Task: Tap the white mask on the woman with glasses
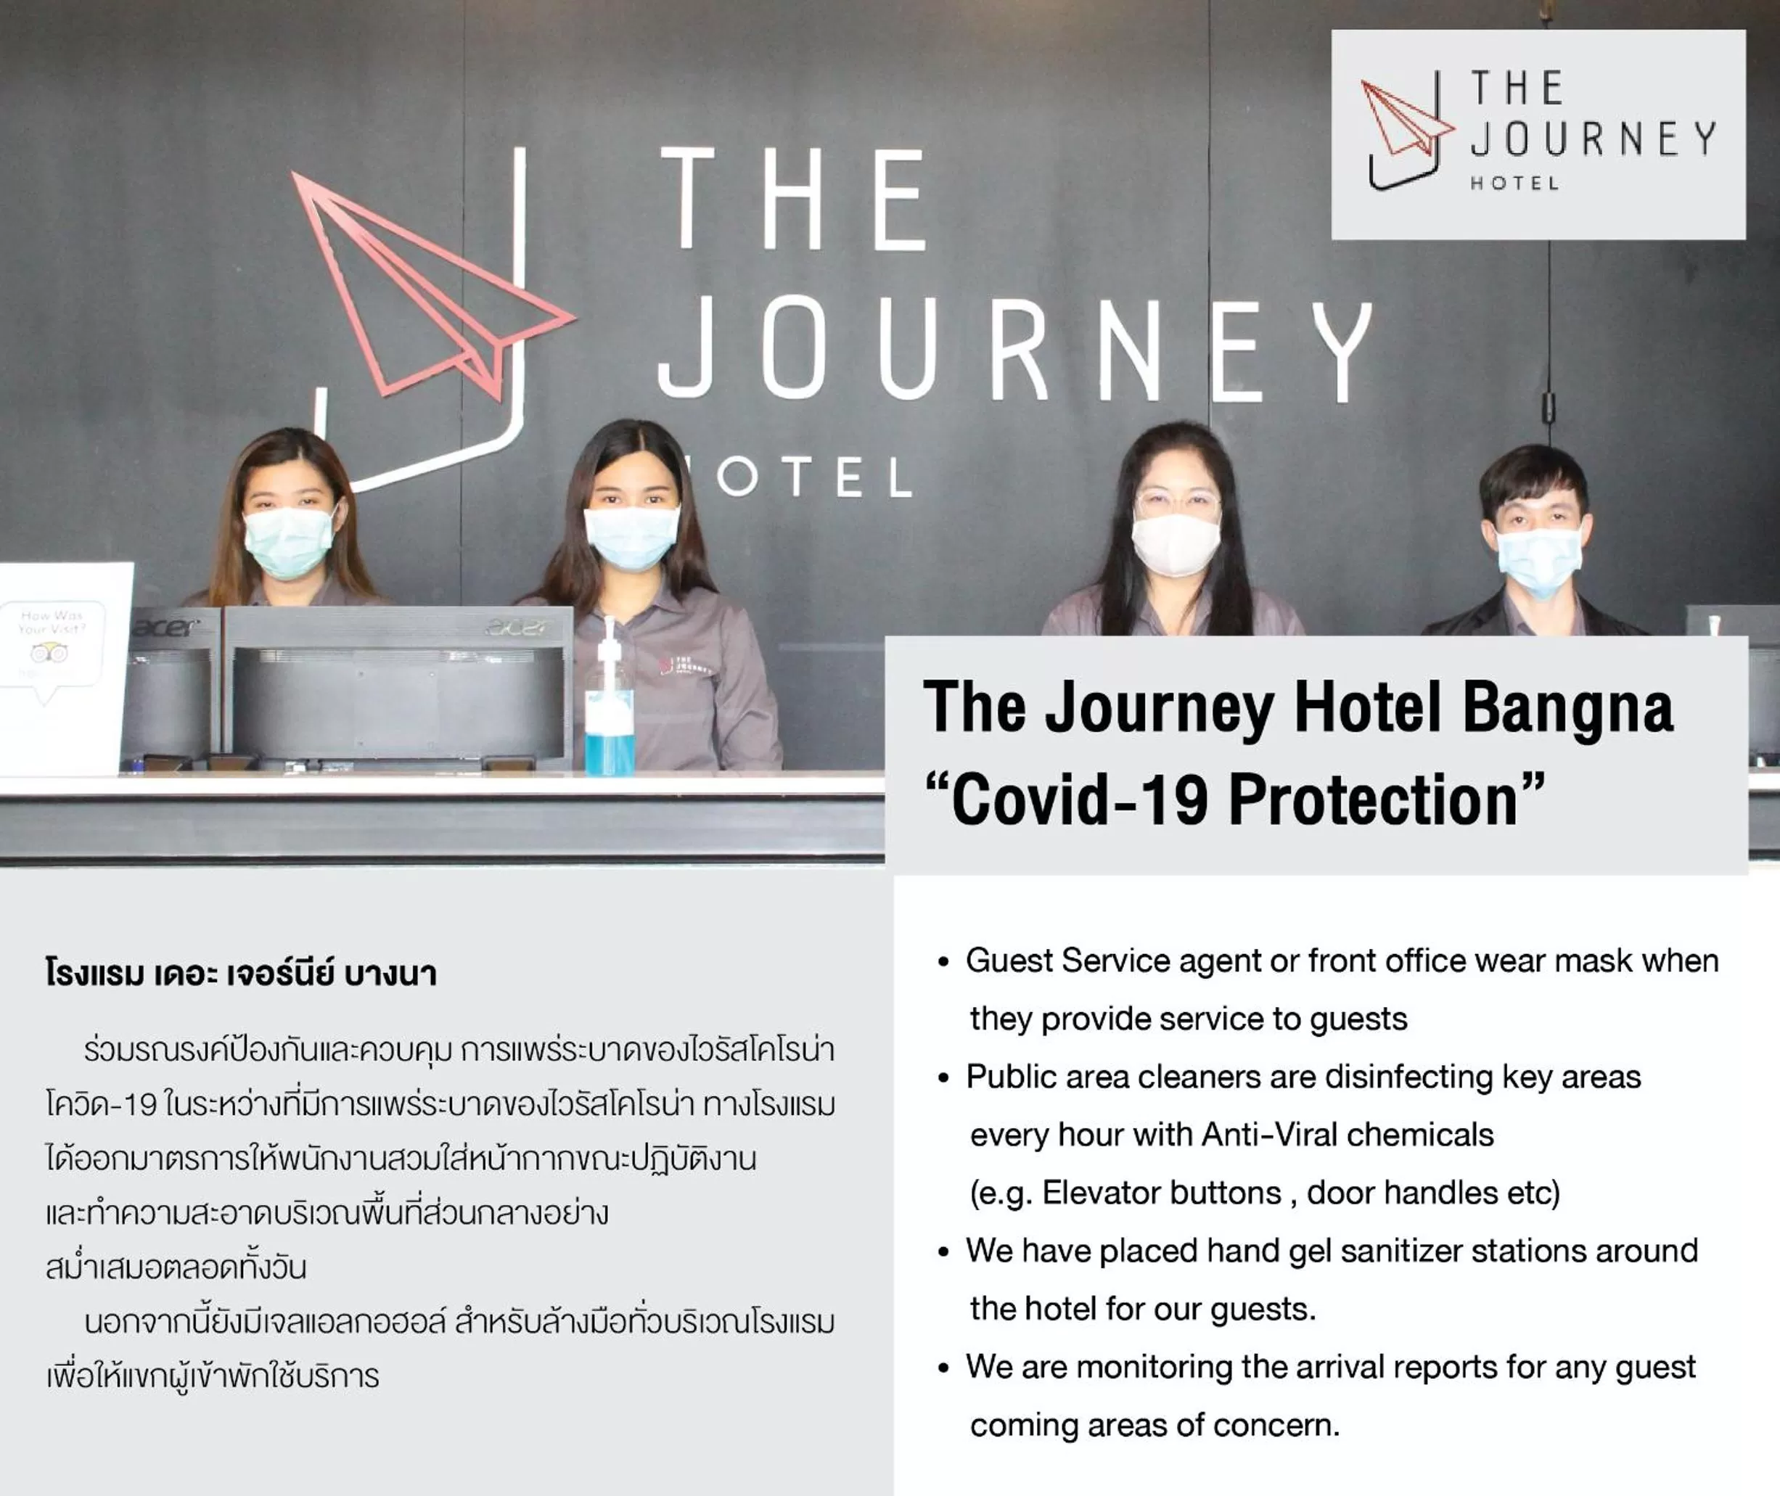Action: [x=1176, y=543]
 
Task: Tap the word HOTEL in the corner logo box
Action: [x=1514, y=183]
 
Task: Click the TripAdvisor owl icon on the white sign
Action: [x=49, y=653]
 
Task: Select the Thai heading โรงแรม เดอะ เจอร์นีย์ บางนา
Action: [x=242, y=974]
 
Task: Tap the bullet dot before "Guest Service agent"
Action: [x=943, y=963]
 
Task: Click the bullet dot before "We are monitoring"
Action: [x=943, y=1369]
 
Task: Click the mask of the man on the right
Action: [x=1538, y=559]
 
